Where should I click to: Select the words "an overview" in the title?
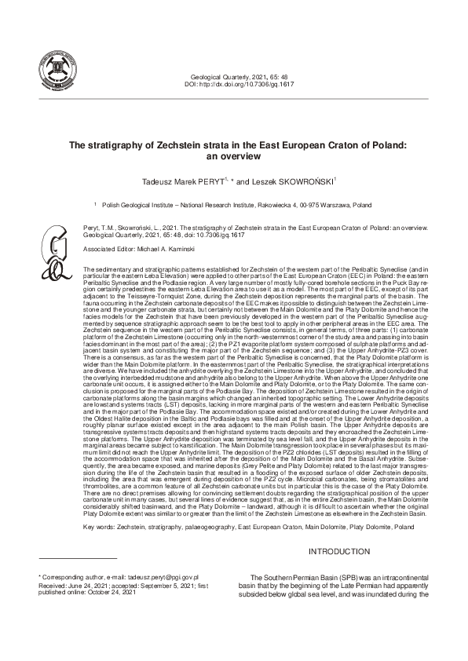click(x=233, y=157)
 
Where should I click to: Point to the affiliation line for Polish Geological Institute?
click(x=236, y=204)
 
